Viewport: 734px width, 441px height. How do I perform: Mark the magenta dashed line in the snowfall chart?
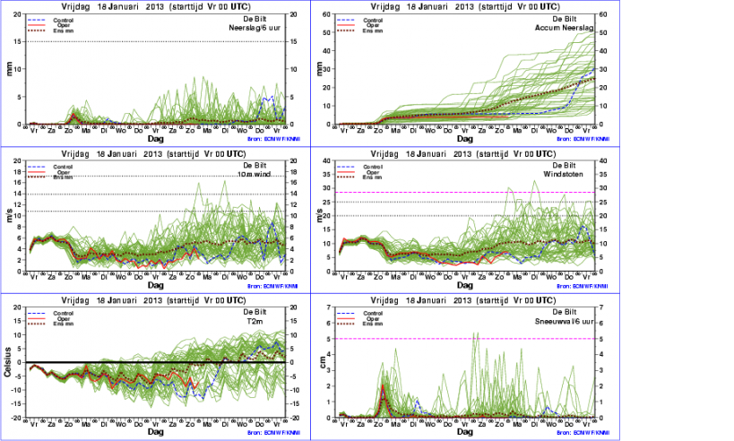(x=448, y=339)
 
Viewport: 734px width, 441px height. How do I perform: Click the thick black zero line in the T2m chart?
(x=152, y=362)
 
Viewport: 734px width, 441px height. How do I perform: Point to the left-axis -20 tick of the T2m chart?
(x=17, y=418)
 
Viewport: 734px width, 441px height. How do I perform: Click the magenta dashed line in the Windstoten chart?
(x=448, y=193)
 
